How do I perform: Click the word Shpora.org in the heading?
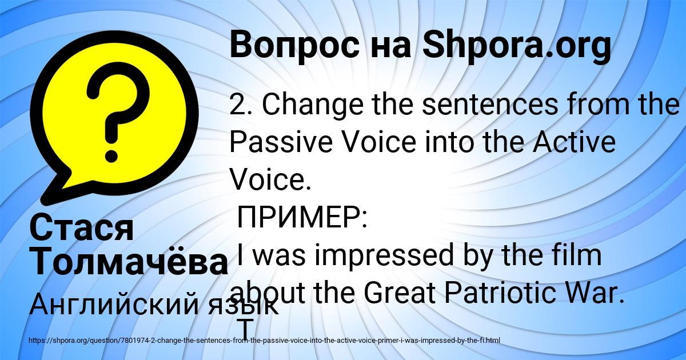click(x=517, y=46)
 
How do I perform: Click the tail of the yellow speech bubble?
click(x=58, y=190)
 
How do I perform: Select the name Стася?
click(x=82, y=229)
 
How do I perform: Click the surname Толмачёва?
click(x=129, y=261)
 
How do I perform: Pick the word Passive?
click(x=281, y=143)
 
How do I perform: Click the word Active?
click(x=574, y=142)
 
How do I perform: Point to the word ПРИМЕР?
click(x=302, y=217)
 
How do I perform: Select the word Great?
click(x=400, y=293)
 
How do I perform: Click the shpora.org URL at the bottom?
click(x=265, y=341)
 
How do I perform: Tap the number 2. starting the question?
click(x=241, y=105)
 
